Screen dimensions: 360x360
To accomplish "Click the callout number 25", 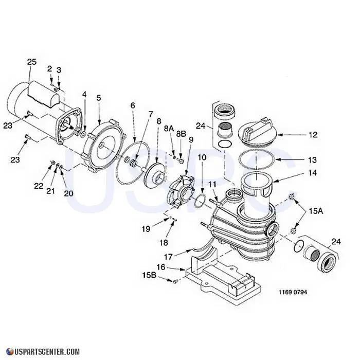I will point(32,62).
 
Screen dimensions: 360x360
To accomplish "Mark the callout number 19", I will point(146,229).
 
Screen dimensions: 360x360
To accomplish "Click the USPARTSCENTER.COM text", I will point(43,352).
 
